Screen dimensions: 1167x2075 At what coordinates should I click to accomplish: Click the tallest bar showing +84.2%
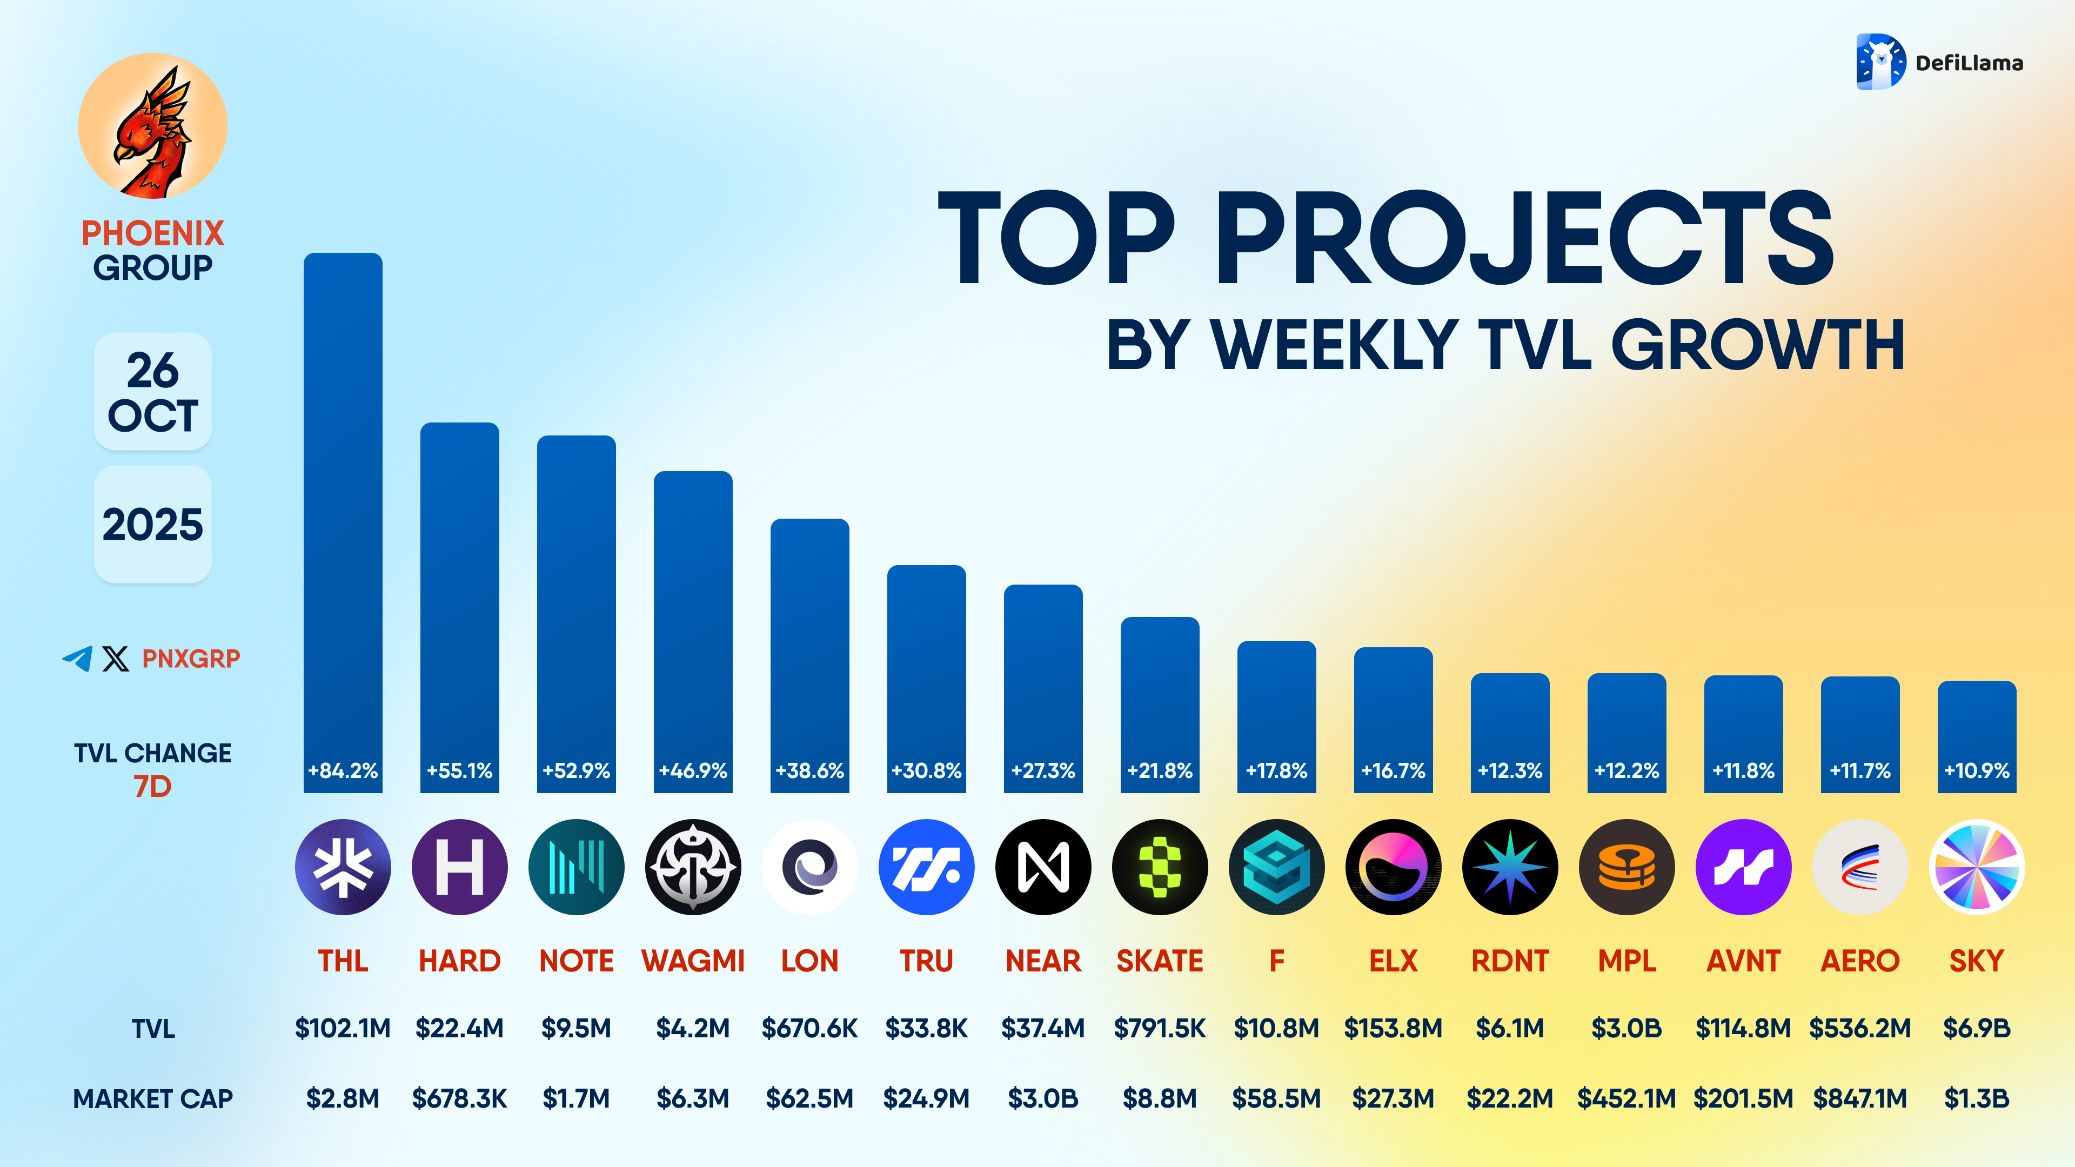(343, 515)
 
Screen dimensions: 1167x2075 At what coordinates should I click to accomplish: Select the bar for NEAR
(1042, 685)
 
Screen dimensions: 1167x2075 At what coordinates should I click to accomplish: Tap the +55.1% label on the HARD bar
(459, 771)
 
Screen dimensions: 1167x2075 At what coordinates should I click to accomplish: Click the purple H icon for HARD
(459, 867)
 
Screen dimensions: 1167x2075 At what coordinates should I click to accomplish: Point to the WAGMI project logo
(693, 867)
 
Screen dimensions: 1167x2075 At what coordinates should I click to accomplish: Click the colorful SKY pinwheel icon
(1976, 867)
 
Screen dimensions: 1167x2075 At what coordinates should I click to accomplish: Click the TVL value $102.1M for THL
(343, 1029)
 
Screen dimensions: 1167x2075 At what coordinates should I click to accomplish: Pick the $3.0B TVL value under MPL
(1626, 1029)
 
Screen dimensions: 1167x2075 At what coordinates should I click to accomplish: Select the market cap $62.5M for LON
(809, 1098)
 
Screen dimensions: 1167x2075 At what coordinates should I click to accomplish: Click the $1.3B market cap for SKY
(1976, 1098)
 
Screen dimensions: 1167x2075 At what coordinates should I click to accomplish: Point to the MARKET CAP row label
(153, 1098)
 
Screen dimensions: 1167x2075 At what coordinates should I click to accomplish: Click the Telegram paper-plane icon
(77, 658)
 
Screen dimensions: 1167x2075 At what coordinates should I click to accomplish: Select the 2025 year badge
(152, 524)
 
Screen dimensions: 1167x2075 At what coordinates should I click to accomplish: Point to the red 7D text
(152, 786)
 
